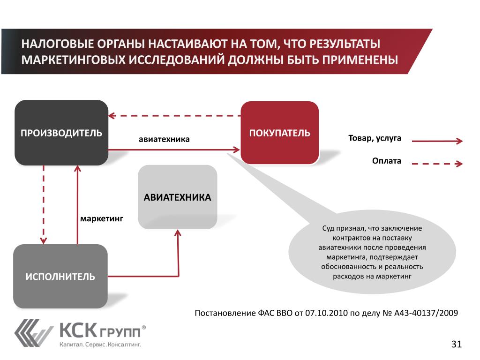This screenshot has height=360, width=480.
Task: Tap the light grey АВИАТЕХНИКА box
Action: (177, 197)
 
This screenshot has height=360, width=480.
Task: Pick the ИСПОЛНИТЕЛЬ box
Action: (60, 276)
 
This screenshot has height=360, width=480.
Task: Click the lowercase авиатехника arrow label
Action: (164, 139)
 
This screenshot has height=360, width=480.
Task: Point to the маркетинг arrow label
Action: (101, 218)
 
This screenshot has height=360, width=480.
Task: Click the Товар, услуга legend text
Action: (375, 139)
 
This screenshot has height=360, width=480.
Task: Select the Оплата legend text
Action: (387, 161)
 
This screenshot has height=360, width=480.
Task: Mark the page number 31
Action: (456, 345)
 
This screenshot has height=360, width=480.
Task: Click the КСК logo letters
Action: (77, 330)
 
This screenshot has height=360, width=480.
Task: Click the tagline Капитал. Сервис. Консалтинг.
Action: (100, 345)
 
